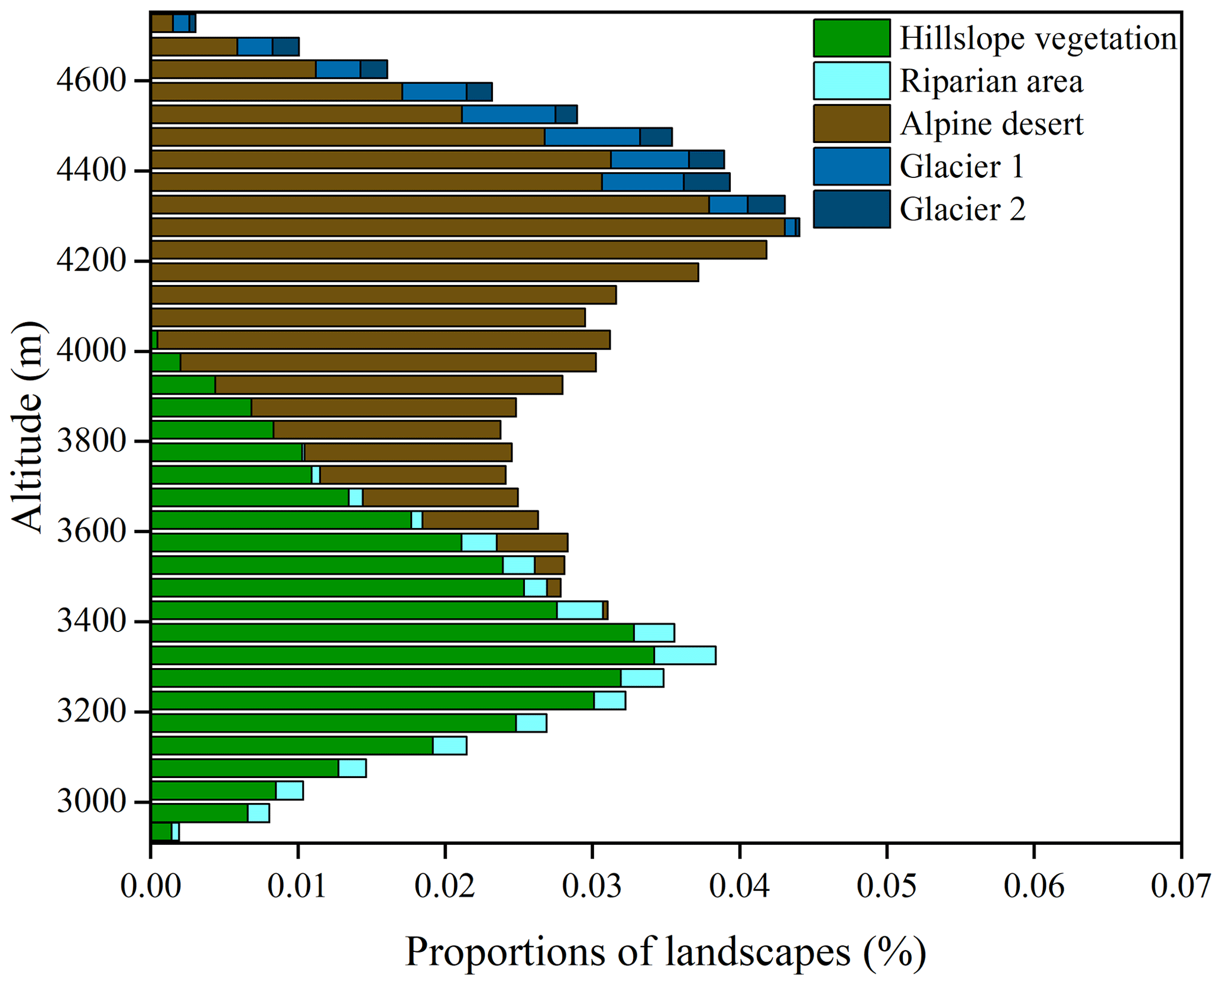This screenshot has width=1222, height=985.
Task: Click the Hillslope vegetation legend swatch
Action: point(851,38)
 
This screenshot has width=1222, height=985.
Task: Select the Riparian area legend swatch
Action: point(851,80)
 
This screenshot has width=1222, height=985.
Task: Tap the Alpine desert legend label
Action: point(991,124)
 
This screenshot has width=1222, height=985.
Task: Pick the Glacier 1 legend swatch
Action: point(851,166)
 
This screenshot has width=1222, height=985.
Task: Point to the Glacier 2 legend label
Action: point(962,209)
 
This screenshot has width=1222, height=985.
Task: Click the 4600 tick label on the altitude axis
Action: point(92,80)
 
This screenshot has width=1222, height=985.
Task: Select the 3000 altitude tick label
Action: point(92,802)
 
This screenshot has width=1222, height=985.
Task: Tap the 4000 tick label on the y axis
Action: point(92,351)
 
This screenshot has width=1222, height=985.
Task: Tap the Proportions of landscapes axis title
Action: point(665,952)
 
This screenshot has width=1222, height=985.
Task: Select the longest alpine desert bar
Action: point(467,227)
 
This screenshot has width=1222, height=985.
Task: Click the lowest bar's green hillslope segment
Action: point(161,831)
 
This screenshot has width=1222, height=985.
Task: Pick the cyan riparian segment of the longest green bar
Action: point(685,655)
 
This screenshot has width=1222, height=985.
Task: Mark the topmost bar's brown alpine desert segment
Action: point(161,23)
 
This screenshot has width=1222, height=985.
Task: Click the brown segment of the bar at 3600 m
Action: point(531,542)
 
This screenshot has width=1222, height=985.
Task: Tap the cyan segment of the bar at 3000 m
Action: point(289,790)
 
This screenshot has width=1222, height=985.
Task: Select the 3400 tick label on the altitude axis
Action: point(92,622)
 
